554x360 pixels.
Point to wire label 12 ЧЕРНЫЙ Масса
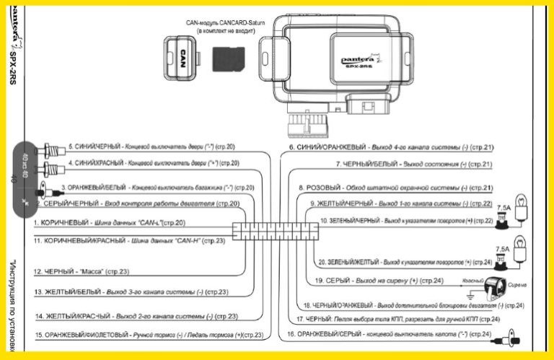81,271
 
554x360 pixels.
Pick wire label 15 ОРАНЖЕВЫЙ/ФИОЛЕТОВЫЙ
148,335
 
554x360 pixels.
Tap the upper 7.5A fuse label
502,207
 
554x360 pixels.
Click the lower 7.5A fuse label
502,247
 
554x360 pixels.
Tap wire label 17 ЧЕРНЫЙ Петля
397,318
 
